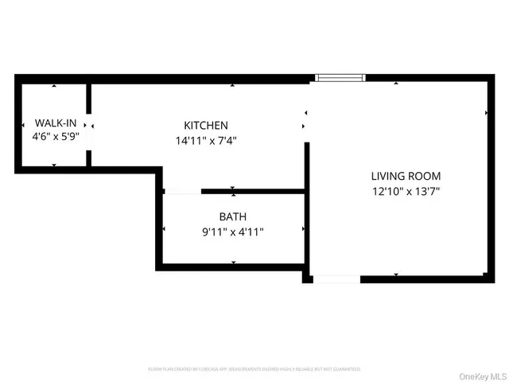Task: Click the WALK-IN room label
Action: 54,123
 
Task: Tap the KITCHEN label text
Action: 206,126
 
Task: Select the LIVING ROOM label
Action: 406,176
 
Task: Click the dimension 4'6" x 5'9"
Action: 54,138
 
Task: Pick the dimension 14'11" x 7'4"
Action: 206,140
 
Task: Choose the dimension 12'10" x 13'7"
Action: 406,191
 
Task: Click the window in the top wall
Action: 340,78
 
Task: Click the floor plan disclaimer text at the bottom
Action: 254,369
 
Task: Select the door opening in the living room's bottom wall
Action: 336,279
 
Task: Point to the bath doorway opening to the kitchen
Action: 182,191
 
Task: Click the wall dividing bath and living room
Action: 307,231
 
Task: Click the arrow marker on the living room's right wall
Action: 487,113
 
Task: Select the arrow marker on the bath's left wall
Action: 164,228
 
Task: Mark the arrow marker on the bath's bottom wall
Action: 233,263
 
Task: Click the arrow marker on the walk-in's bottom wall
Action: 54,165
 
